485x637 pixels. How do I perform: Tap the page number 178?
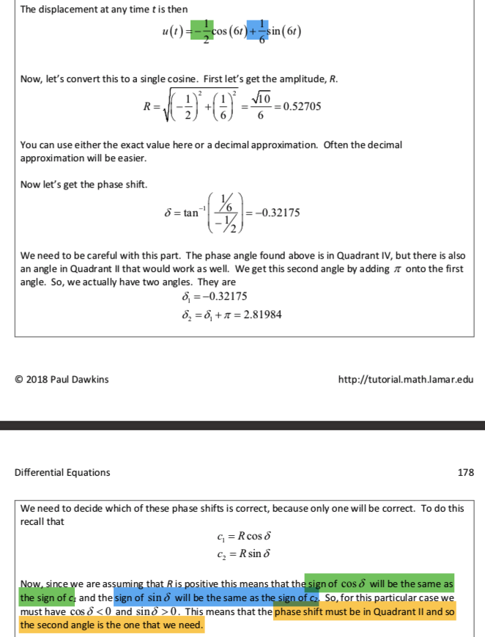[x=465, y=472]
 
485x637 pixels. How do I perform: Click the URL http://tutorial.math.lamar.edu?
[x=406, y=379]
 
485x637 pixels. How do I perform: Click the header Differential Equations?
[x=62, y=472]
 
